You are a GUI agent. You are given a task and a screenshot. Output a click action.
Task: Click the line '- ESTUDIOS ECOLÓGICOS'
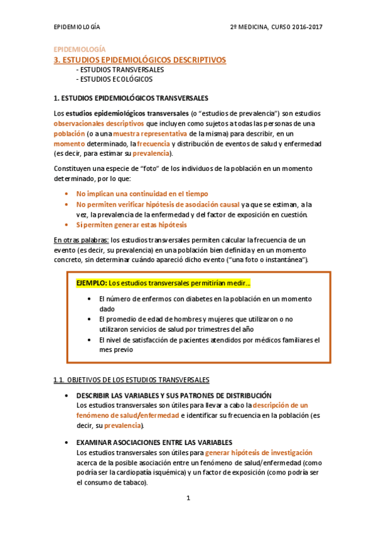click(114, 79)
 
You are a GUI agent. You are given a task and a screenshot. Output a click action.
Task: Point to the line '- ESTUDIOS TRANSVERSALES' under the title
click(119, 69)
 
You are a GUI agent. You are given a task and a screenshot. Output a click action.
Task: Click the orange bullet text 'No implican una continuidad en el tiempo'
click(142, 194)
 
